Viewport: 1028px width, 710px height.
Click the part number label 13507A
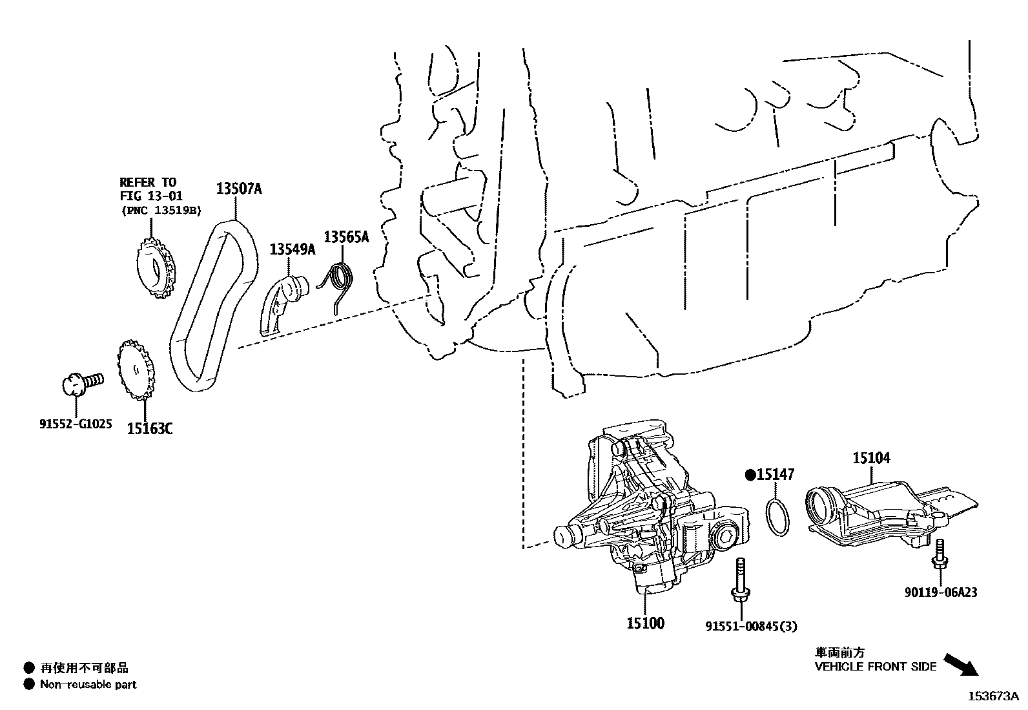[x=238, y=189]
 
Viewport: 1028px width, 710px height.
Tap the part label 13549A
[x=292, y=249]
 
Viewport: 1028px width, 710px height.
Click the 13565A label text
[x=346, y=237]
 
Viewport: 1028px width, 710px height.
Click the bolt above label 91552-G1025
[x=81, y=383]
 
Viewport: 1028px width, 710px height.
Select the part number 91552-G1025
[x=75, y=424]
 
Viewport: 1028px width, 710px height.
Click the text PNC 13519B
[x=161, y=210]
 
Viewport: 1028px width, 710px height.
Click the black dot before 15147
[x=750, y=475]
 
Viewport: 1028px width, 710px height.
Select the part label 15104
[x=871, y=458]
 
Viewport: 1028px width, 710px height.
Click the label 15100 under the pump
[x=644, y=623]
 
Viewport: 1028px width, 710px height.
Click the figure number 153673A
[x=992, y=696]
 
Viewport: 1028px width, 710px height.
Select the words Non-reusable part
[x=88, y=684]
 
